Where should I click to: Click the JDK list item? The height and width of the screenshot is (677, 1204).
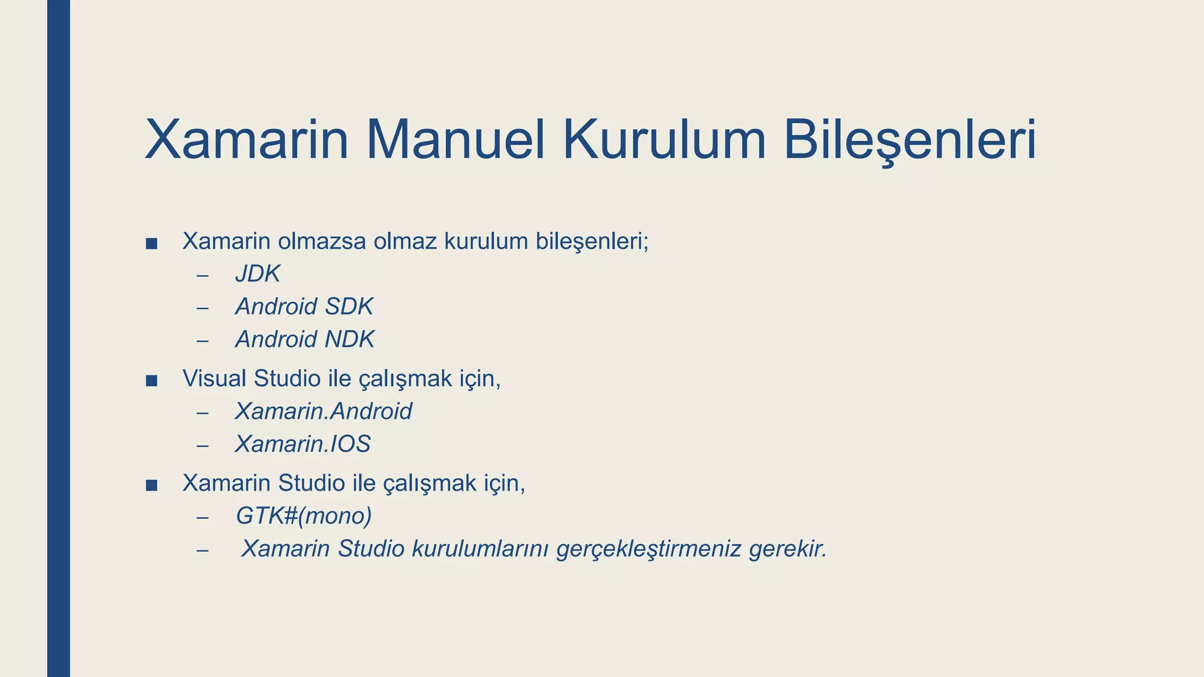(257, 274)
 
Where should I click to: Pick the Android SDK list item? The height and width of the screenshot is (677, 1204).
(304, 307)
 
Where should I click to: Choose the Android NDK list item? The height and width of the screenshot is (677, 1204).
(305, 340)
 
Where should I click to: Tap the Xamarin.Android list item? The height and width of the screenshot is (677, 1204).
(323, 411)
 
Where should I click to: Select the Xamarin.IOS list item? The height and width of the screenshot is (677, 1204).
(303, 444)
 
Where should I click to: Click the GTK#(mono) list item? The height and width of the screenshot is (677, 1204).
(303, 516)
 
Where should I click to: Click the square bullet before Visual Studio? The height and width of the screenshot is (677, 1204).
(151, 381)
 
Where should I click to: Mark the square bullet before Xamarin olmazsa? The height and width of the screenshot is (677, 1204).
(151, 243)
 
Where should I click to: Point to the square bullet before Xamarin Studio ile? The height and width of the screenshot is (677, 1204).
(151, 485)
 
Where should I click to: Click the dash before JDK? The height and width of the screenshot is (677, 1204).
(203, 275)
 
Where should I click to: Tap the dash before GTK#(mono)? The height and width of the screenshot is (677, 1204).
(203, 517)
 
